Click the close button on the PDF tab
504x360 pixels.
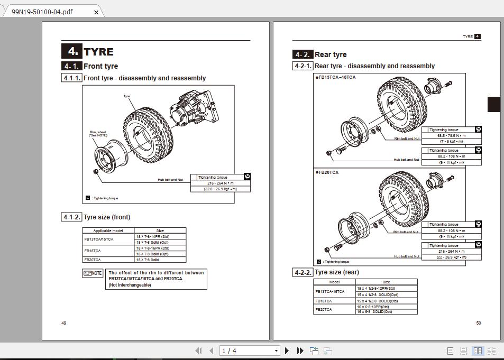pyautogui.click(x=96, y=12)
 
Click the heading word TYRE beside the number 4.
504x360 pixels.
pyautogui.click(x=98, y=52)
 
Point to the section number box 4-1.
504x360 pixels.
pyautogui.click(x=71, y=66)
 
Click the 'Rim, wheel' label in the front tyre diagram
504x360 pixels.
pyautogui.click(x=98, y=134)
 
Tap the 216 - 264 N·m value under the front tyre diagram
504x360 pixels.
pyautogui.click(x=220, y=183)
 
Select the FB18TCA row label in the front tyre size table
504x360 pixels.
pyautogui.click(x=92, y=251)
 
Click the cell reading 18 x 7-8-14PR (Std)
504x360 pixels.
pyautogui.click(x=153, y=236)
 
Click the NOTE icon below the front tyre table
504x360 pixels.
pyautogui.click(x=93, y=273)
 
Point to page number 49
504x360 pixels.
pyautogui.click(x=63, y=323)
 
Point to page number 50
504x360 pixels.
pyautogui.click(x=479, y=323)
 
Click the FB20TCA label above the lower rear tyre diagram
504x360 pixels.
pyautogui.click(x=328, y=172)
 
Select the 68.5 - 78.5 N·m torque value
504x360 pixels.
pyautogui.click(x=451, y=135)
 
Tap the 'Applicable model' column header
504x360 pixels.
pyautogui.click(x=108, y=230)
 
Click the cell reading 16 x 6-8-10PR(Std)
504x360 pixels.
pyautogui.click(x=373, y=307)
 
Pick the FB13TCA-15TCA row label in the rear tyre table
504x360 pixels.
pyautogui.click(x=329, y=291)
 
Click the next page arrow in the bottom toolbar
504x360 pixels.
pyautogui.click(x=287, y=350)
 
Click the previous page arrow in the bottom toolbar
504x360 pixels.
pyautogui.click(x=212, y=350)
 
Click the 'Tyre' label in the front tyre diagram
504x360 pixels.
pyautogui.click(x=126, y=96)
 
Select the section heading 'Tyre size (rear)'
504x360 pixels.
pyautogui.click(x=336, y=272)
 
